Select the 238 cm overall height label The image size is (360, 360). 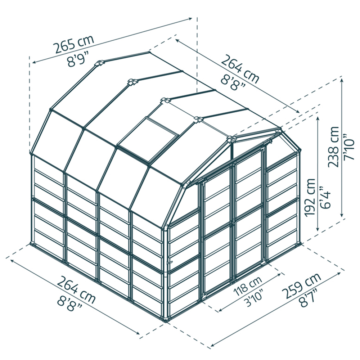(333, 147)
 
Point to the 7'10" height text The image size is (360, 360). (348, 147)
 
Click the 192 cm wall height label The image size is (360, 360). (310, 198)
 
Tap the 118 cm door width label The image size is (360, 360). (248, 286)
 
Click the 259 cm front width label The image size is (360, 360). (301, 285)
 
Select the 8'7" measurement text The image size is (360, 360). (309, 298)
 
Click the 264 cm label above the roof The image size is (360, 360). (240, 68)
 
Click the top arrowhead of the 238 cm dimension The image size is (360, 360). (342, 80)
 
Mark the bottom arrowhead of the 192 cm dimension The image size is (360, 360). (318, 229)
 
